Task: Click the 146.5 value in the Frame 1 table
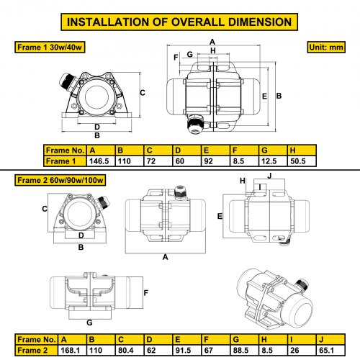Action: pyautogui.click(x=99, y=161)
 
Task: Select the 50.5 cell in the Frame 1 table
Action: pyautogui.click(x=298, y=161)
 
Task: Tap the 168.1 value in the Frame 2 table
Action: pyautogui.click(x=70, y=351)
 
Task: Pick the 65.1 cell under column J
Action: pyautogui.click(x=326, y=351)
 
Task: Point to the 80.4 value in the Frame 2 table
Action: pyautogui.click(x=125, y=351)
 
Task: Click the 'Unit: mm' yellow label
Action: pyautogui.click(x=326, y=47)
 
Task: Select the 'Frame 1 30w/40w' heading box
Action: pyautogui.click(x=50, y=47)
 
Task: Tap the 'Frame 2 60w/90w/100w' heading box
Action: pyautogui.click(x=60, y=180)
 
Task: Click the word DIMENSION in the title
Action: pyautogui.click(x=260, y=22)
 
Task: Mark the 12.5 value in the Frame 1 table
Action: pyautogui.click(x=269, y=161)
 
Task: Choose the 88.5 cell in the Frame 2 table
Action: pyautogui.click(x=240, y=351)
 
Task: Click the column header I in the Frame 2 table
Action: pyautogui.click(x=292, y=340)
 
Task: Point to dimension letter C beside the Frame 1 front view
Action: pyautogui.click(x=143, y=93)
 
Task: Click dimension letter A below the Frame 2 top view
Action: pyautogui.click(x=166, y=257)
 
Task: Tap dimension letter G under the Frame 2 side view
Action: pyautogui.click(x=89, y=323)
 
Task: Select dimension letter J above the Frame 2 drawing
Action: pyautogui.click(x=269, y=176)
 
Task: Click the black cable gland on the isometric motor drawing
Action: pyautogui.click(x=302, y=284)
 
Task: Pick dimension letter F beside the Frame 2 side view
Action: pyautogui.click(x=146, y=293)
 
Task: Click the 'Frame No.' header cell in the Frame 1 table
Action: pyautogui.click(x=65, y=150)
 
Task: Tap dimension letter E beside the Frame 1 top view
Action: pyautogui.click(x=264, y=96)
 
